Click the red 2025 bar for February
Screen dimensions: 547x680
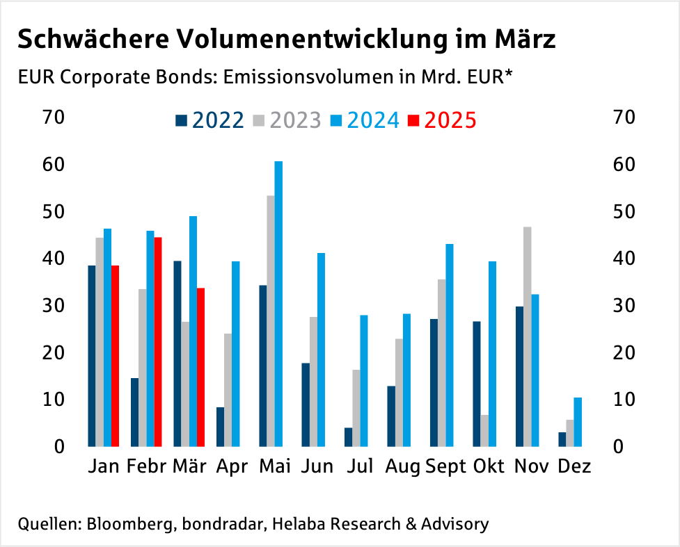[x=158, y=342]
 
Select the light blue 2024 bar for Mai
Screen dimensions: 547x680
[x=278, y=304]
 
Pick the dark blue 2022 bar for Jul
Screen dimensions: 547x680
[x=349, y=436]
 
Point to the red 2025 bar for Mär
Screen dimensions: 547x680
[x=200, y=367]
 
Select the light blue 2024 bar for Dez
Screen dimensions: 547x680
[x=577, y=422]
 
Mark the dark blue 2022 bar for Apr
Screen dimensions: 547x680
[x=220, y=427]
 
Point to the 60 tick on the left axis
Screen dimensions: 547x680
[x=53, y=165]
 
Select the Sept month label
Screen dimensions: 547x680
[x=445, y=466]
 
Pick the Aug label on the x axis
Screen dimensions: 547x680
[x=402, y=466]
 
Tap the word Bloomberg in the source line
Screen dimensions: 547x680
[x=129, y=523]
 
